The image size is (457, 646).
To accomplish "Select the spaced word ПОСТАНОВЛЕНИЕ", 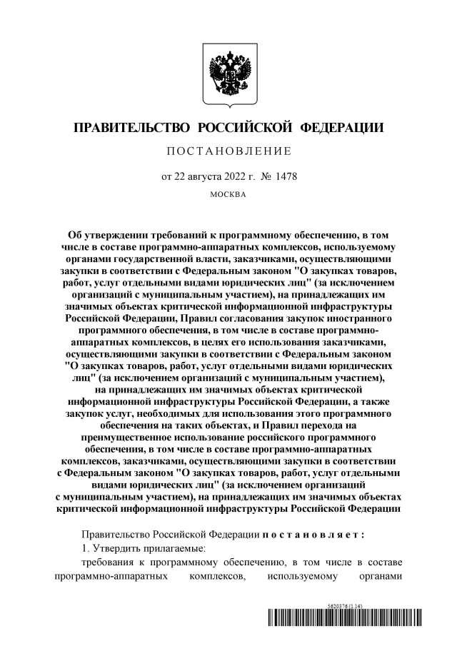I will [228, 151].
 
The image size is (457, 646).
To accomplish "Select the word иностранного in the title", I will [361, 316].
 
